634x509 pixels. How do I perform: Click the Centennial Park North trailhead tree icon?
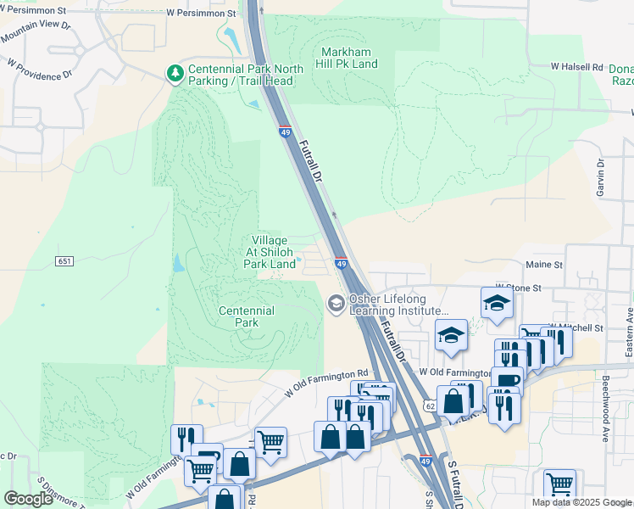pos(175,74)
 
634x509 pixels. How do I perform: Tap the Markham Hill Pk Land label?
pos(348,58)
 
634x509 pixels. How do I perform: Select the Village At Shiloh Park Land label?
pos(270,253)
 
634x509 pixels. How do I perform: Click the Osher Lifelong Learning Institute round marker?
pos(336,303)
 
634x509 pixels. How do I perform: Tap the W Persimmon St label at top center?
pos(201,14)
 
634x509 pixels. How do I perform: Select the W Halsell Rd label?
pos(576,66)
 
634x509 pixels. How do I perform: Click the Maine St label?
pos(545,265)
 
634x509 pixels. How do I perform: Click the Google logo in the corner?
pos(28,499)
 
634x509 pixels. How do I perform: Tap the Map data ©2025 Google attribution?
pos(582,502)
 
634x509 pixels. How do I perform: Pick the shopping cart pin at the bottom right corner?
pos(559,485)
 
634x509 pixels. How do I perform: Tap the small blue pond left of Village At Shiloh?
pos(178,264)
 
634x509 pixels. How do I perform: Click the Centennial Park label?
pos(247,316)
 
